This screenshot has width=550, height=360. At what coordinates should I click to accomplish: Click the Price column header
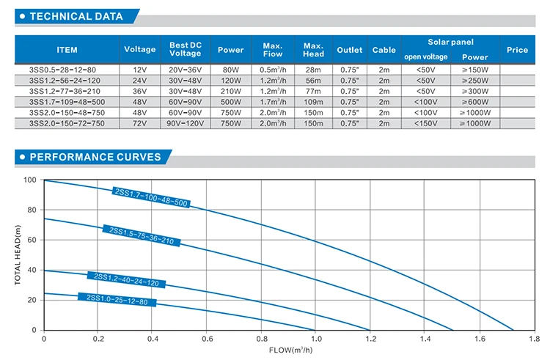pos(517,50)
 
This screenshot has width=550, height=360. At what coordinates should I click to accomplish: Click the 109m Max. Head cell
pos(313,102)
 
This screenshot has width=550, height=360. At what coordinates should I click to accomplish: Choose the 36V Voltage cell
pos(139,91)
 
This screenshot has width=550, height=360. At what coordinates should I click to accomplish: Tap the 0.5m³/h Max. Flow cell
pos(272,69)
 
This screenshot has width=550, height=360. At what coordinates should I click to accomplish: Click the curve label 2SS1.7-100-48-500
pos(151,197)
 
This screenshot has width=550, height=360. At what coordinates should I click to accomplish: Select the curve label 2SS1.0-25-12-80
pos(117,299)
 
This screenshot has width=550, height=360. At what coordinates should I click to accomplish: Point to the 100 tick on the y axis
pos(29,180)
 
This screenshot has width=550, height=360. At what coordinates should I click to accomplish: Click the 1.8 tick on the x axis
pos(533,339)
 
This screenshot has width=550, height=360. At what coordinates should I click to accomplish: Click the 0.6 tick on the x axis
pos(207,339)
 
